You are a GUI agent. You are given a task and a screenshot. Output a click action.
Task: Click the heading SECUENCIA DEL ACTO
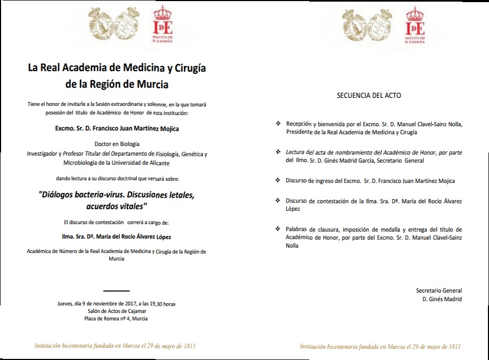(369, 96)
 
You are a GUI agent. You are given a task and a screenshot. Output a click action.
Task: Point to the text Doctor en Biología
(117, 144)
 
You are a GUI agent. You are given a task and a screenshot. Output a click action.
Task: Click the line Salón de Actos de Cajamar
(117, 311)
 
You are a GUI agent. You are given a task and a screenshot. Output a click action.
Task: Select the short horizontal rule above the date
(116, 290)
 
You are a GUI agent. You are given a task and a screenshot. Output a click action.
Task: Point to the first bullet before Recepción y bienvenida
(278, 124)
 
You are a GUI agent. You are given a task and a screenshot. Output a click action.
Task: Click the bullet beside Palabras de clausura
(278, 228)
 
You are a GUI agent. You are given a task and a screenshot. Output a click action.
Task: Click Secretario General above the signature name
(439, 290)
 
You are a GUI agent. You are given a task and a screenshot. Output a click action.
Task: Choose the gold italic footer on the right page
(380, 346)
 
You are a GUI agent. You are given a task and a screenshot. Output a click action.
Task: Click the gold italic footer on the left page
(115, 346)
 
